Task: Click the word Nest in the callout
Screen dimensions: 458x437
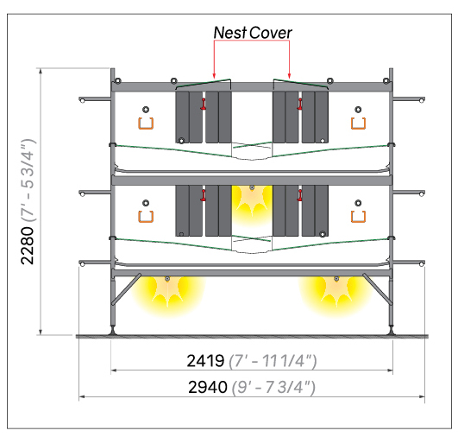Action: pos(230,33)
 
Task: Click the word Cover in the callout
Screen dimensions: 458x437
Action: pos(271,33)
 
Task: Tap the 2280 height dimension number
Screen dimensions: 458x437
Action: pos(28,245)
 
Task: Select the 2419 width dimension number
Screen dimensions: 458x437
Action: pos(205,361)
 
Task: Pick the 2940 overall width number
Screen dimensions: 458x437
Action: pos(208,387)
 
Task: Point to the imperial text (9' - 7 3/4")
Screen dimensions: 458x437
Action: pos(273,387)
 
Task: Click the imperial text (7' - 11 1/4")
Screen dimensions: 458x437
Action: pos(273,361)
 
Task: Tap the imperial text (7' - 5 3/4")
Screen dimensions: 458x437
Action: pos(28,180)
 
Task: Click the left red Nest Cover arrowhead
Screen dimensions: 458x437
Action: pos(214,76)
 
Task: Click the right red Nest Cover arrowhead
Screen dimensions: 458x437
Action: pos(290,76)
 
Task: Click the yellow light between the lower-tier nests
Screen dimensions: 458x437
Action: pos(252,203)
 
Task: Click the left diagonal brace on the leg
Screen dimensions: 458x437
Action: pos(126,289)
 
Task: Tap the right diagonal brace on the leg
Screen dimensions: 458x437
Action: pos(377,289)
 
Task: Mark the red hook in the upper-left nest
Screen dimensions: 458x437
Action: pos(204,104)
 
